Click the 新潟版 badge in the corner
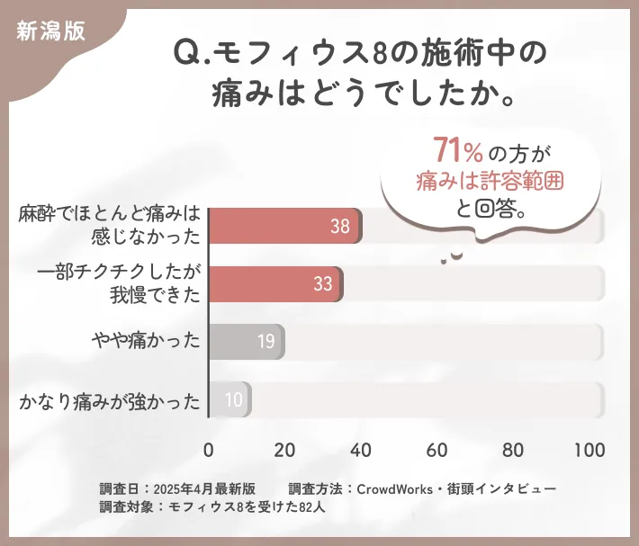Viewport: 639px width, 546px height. (51, 30)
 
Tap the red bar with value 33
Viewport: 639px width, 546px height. (275, 284)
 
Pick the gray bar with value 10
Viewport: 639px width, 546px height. (229, 399)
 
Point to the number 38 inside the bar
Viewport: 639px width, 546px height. (339, 227)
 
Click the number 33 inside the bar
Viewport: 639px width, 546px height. (323, 284)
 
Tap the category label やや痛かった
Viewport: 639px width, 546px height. (146, 342)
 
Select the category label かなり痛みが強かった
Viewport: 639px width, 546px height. (109, 400)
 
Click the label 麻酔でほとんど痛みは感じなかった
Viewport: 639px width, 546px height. (109, 226)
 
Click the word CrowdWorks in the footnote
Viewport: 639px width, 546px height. (392, 488)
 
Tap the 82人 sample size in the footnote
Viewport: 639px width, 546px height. (311, 506)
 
